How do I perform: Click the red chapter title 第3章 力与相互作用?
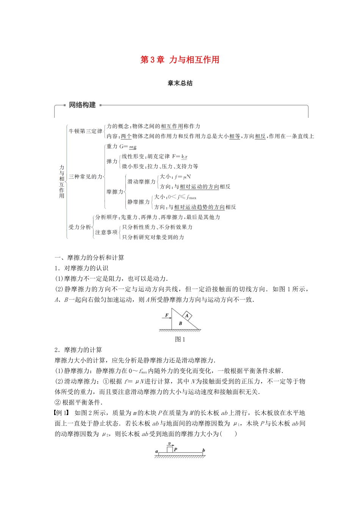tap(180, 60)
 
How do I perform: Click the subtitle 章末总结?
tap(180, 83)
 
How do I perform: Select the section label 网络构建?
tap(82, 105)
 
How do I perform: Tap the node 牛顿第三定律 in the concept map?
tap(85, 131)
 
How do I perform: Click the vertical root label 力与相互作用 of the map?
tap(62, 181)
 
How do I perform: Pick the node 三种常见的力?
tap(85, 176)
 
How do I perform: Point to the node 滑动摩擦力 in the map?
tap(141, 181)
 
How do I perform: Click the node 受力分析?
tap(80, 227)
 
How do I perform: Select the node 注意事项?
tap(106, 232)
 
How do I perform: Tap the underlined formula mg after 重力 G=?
tap(133, 147)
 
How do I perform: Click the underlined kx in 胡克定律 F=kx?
tap(184, 156)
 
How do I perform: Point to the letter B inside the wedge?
tap(180, 323)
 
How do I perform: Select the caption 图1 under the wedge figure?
tap(180, 339)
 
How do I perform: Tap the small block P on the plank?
tap(170, 450)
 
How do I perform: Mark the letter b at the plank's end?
tap(203, 450)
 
